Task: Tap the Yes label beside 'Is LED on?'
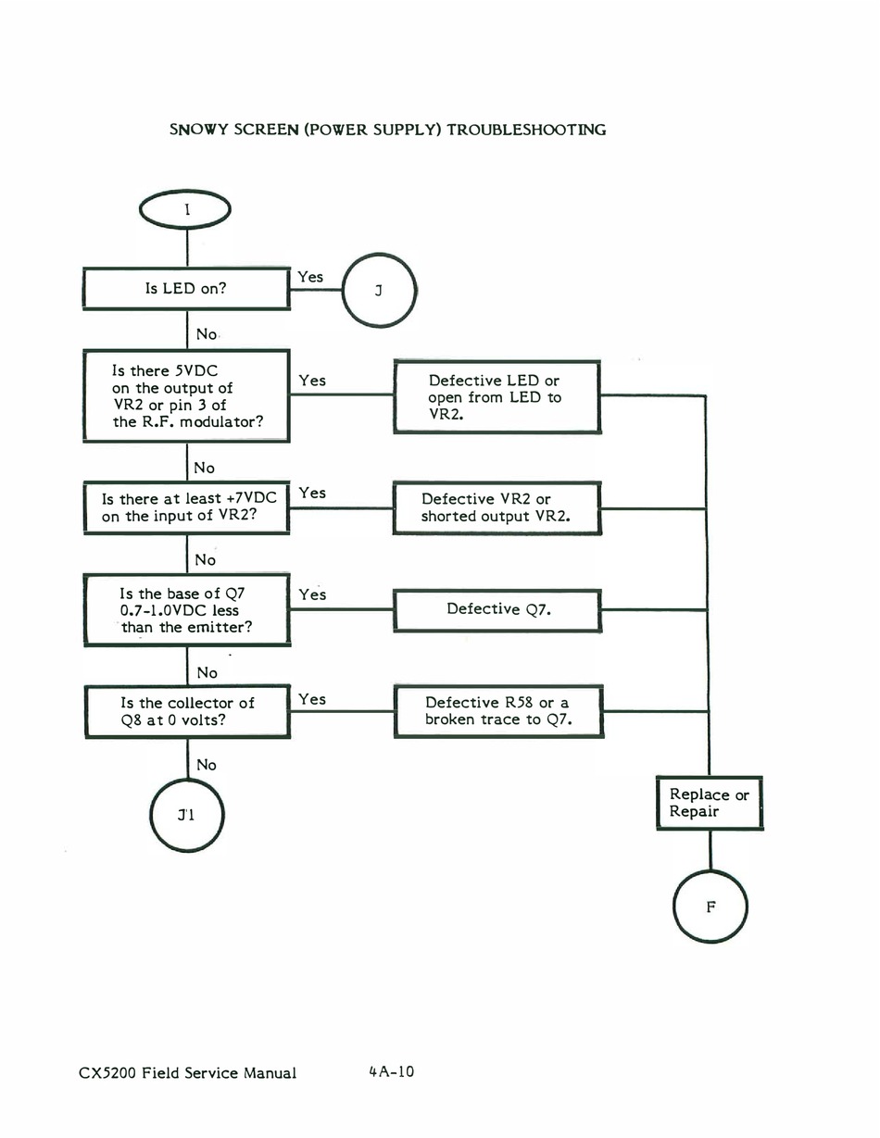pyautogui.click(x=310, y=277)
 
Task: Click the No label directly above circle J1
pyautogui.click(x=207, y=765)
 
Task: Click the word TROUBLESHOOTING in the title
pyautogui.click(x=526, y=130)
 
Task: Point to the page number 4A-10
pyautogui.click(x=391, y=1071)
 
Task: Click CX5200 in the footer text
pyautogui.click(x=107, y=1073)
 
